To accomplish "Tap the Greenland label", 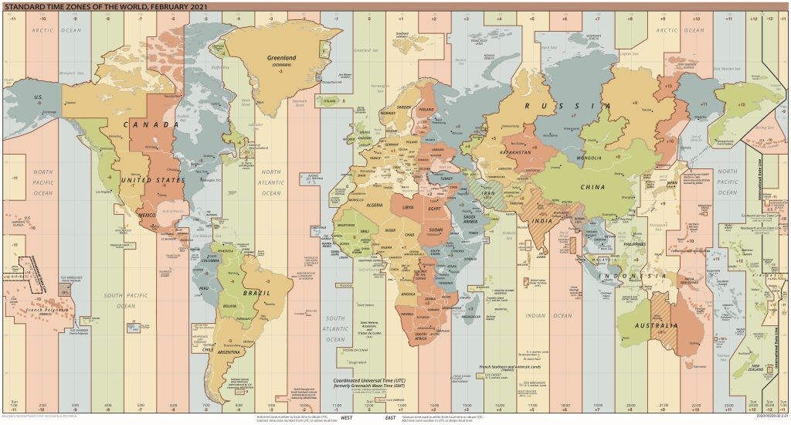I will click(x=282, y=57).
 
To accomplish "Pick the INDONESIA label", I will click(x=634, y=276).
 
